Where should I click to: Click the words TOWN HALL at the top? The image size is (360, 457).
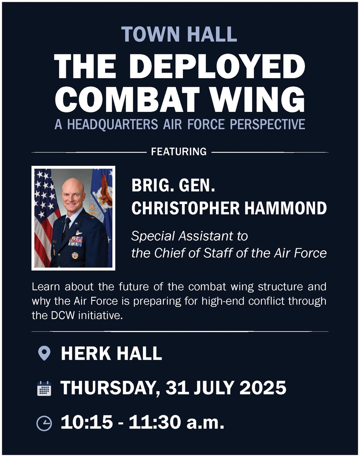pos(179,34)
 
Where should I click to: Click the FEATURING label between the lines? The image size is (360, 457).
pos(179,152)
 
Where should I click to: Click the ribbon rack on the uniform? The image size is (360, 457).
pos(75,241)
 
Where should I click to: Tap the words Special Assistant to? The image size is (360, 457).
pos(189,236)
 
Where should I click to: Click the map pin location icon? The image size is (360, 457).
pos(44,353)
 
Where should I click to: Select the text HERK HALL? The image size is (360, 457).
pos(111,353)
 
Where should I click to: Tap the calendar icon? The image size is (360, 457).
pos(44,389)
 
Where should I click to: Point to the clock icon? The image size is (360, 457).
pos(44,423)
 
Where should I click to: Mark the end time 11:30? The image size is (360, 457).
pos(154,422)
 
